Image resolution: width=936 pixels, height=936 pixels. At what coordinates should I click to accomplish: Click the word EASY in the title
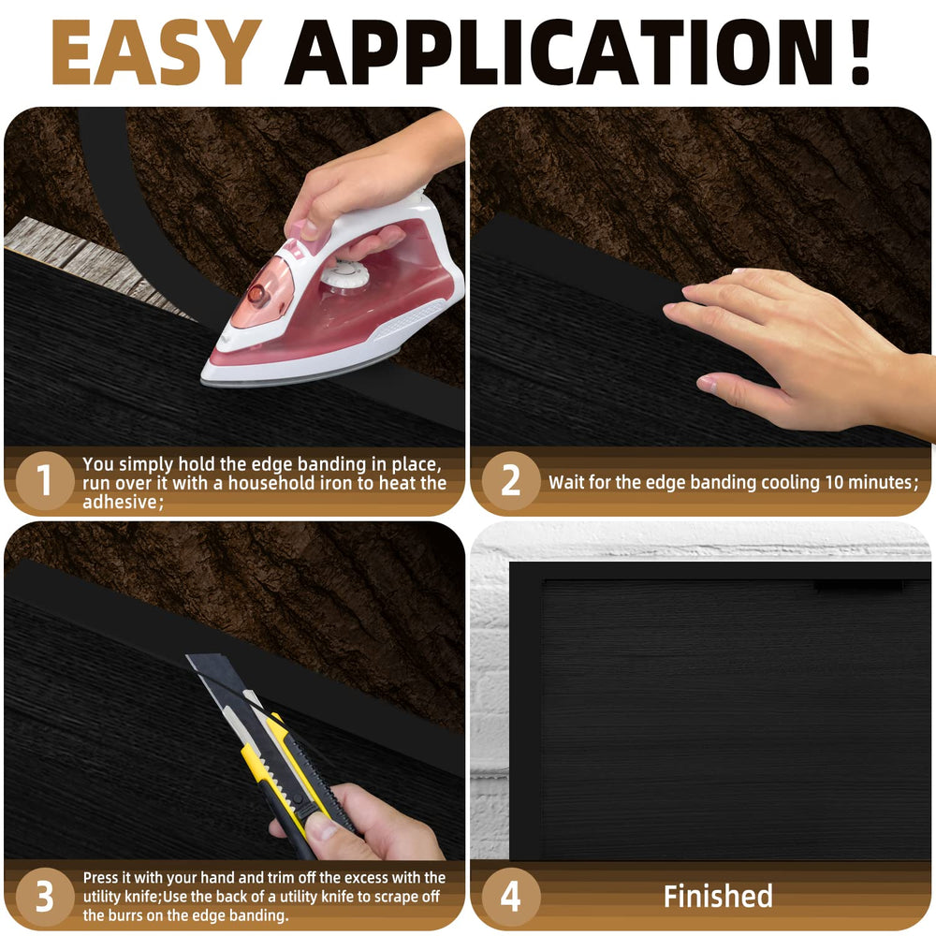tap(156, 51)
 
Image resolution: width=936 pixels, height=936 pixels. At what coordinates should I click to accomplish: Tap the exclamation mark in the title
tap(859, 51)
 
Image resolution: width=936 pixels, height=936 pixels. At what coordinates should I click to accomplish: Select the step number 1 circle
tap(45, 480)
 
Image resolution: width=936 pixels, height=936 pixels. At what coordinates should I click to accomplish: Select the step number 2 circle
tap(511, 480)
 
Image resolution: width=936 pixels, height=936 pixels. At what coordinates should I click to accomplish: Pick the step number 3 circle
tap(45, 896)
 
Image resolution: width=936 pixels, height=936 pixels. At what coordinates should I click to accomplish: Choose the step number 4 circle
tap(511, 896)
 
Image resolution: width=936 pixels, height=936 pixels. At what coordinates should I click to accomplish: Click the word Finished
tap(718, 896)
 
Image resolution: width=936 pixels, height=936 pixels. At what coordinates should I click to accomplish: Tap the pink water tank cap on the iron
tap(258, 294)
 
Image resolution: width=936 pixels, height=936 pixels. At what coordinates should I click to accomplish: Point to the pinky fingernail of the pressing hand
tap(706, 383)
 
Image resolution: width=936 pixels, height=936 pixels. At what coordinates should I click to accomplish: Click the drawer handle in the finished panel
tap(859, 588)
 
